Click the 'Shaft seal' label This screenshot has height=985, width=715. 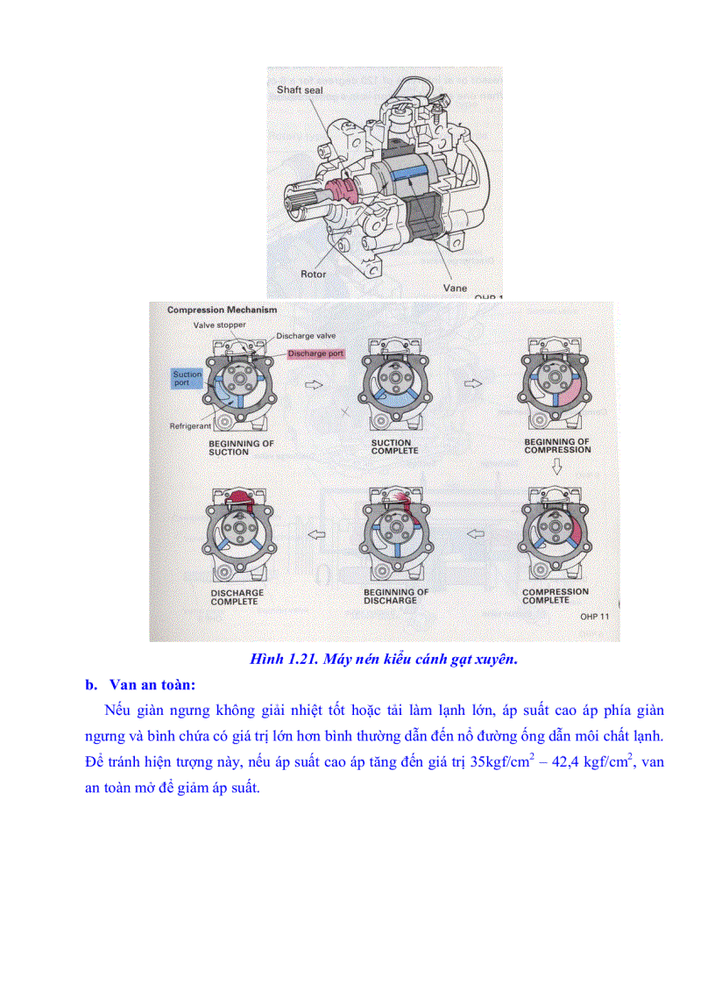300,90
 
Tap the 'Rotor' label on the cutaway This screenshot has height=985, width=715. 313,275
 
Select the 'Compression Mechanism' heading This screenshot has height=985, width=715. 222,310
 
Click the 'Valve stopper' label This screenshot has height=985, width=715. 220,325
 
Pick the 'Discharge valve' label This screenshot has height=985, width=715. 306,336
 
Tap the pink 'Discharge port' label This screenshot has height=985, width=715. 316,353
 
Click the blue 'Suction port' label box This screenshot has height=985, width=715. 187,379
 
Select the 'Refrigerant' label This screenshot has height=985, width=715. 192,426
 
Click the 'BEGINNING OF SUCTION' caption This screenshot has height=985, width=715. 240,447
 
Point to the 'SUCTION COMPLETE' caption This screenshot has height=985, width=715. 394,446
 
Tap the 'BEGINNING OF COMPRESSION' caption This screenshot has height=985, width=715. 557,446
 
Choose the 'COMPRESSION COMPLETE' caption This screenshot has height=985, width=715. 556,596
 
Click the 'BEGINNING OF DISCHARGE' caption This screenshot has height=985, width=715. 396,596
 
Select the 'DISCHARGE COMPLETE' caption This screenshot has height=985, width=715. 237,597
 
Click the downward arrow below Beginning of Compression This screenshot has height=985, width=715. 556,470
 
